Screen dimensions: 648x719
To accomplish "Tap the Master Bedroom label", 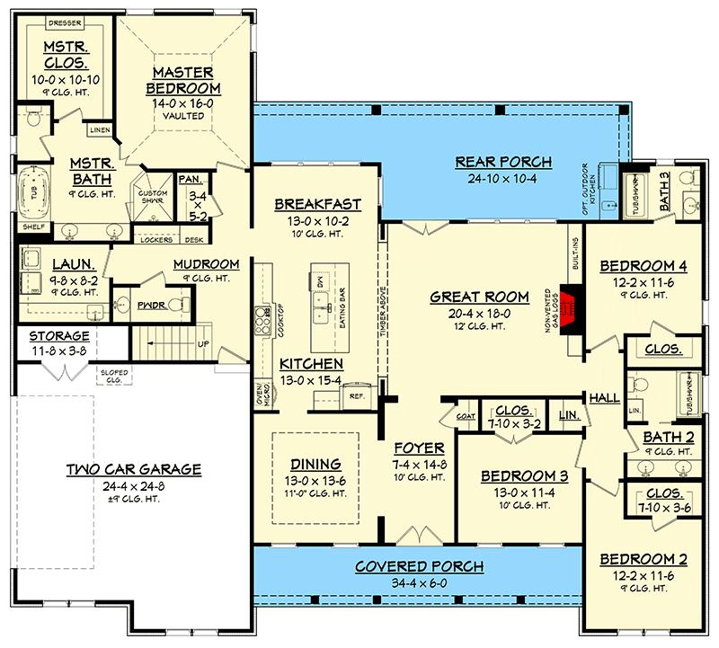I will (182, 80).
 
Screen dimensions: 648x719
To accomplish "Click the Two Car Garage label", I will (133, 469).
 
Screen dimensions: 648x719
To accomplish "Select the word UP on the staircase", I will (205, 344).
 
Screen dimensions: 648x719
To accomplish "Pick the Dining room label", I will (315, 464).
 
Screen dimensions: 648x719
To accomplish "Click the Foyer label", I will (419, 447).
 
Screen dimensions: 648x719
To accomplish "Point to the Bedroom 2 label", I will (643, 559).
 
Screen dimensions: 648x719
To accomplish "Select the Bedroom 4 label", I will (643, 265).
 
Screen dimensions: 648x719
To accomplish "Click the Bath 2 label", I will (667, 437).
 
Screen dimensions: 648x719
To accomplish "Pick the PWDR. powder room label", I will (148, 306).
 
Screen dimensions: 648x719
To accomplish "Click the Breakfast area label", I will (317, 204).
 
